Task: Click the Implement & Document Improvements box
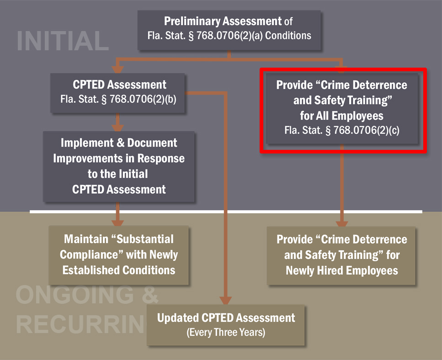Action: (x=119, y=166)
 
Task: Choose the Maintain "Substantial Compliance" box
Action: (x=119, y=255)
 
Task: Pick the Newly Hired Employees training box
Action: (x=342, y=255)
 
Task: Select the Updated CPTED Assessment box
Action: (x=226, y=324)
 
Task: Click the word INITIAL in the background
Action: (x=62, y=41)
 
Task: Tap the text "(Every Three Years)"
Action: (x=226, y=332)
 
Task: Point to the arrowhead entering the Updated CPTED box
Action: (x=226, y=300)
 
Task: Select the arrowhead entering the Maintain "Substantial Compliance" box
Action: (x=118, y=221)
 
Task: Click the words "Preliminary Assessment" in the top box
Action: (x=223, y=21)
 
